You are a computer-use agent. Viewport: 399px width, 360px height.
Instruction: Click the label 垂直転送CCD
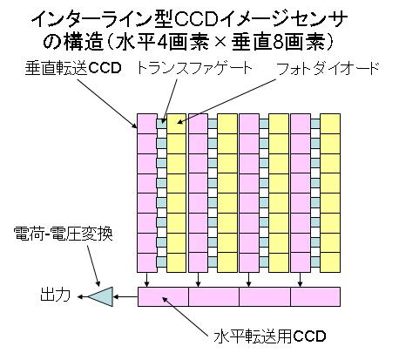73,68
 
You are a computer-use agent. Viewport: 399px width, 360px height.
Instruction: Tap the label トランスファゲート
193,69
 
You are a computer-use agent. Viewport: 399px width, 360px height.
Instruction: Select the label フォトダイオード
328,69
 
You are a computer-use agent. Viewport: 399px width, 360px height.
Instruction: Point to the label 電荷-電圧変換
63,234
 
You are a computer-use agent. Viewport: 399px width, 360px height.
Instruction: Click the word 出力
55,295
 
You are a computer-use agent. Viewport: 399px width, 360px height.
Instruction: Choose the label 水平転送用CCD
270,336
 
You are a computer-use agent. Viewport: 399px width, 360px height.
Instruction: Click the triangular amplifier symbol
100,296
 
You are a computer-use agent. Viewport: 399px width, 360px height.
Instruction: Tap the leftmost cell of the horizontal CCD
163,296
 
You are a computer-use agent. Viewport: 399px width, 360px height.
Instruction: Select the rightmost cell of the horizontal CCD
315,296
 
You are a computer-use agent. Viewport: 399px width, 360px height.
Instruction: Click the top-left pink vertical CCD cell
147,124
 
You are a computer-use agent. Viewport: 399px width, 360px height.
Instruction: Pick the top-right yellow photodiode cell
330,124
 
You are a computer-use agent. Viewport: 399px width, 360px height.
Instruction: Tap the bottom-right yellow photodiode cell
330,262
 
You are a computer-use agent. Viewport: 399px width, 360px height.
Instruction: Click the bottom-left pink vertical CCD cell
147,262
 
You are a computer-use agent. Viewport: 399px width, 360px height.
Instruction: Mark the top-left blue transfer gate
162,124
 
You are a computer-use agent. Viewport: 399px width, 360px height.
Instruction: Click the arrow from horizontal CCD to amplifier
125,297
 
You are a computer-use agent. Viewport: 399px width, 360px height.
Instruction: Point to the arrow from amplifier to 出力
83,296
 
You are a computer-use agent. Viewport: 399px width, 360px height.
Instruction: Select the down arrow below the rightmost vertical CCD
301,280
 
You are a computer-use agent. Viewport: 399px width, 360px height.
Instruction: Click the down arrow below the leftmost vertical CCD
147,280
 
